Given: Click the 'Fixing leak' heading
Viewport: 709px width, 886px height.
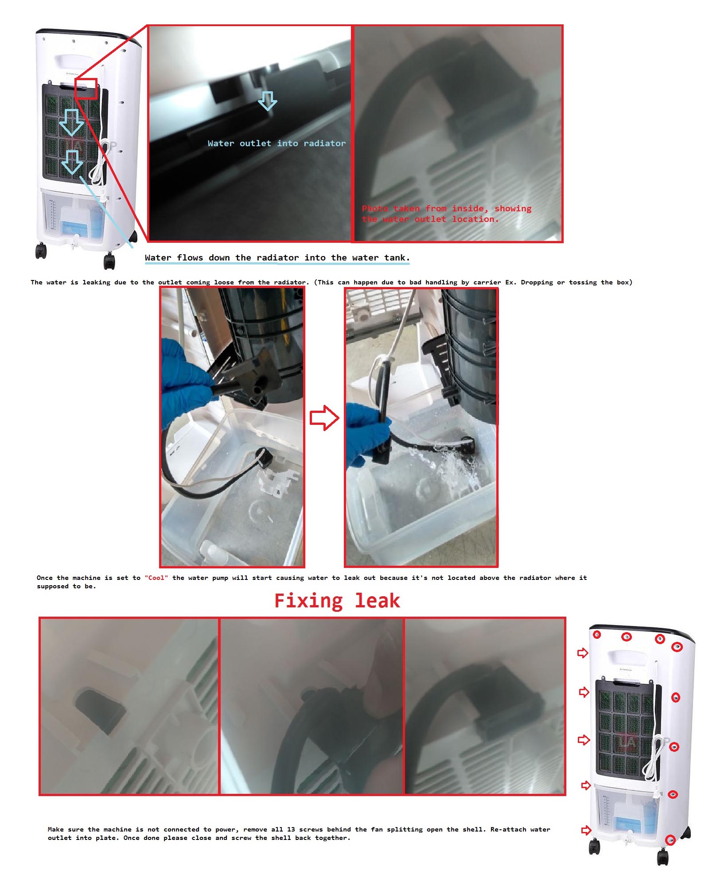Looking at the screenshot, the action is click(x=337, y=601).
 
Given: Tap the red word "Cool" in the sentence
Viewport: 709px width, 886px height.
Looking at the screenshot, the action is click(x=156, y=578).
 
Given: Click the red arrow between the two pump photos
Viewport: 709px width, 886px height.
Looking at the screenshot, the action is click(x=324, y=417).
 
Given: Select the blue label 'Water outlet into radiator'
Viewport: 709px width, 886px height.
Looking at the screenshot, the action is click(x=277, y=143).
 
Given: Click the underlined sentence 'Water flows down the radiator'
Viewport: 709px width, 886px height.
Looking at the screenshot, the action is click(x=277, y=257).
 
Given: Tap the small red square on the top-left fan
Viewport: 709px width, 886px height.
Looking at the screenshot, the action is click(x=86, y=89).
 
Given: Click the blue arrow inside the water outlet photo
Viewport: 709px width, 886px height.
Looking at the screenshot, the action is click(x=268, y=101).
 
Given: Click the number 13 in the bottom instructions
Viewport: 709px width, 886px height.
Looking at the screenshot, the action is click(x=291, y=829).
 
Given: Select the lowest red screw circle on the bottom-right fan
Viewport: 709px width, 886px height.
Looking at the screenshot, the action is click(x=670, y=840).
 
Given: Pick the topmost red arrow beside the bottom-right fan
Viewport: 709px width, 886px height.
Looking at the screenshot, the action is click(x=583, y=653).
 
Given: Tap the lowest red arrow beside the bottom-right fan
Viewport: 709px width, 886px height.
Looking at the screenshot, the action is click(x=586, y=830).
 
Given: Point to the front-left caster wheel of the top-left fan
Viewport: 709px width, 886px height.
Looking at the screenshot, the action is click(x=41, y=251).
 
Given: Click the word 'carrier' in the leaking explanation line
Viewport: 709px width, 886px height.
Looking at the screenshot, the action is click(x=487, y=282).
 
